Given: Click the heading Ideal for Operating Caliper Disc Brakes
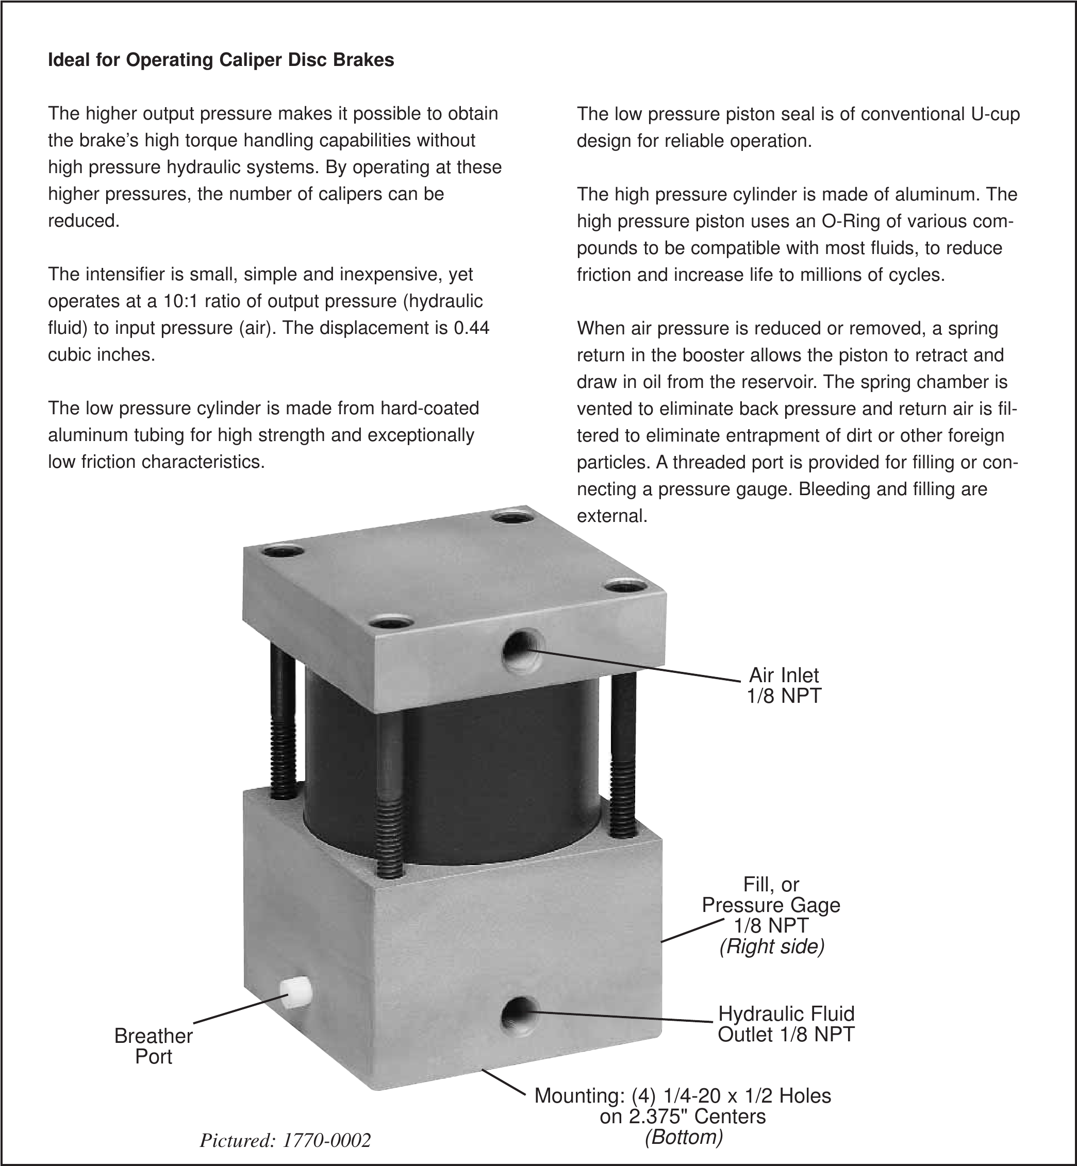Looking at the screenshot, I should [221, 60].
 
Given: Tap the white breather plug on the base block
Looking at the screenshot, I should [295, 991].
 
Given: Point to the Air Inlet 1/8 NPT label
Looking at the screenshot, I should [784, 685].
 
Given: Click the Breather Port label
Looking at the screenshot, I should [153, 1046].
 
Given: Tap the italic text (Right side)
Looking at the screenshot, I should [772, 947].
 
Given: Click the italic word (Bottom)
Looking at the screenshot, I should [684, 1137].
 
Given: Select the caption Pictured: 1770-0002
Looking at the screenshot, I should [285, 1140].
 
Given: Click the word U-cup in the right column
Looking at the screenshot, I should [996, 114].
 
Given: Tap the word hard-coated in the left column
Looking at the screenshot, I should [429, 408].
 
